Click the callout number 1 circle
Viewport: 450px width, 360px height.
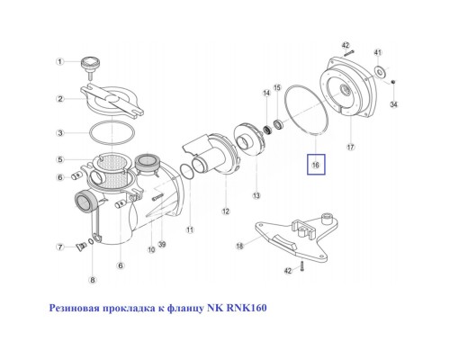pyautogui.click(x=60, y=62)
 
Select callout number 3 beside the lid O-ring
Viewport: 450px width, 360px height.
pyautogui.click(x=60, y=132)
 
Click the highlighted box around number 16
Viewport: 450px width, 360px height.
pyautogui.click(x=316, y=165)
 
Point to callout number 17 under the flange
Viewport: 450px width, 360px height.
pyautogui.click(x=351, y=147)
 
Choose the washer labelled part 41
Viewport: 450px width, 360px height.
pyautogui.click(x=380, y=72)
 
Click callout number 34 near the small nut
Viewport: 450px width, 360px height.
pyautogui.click(x=393, y=104)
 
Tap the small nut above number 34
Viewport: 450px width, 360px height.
pyautogui.click(x=393, y=81)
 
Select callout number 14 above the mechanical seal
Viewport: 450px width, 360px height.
pyautogui.click(x=266, y=93)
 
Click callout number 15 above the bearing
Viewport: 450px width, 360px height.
pyautogui.click(x=277, y=87)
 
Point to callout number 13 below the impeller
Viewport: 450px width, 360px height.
pyautogui.click(x=256, y=195)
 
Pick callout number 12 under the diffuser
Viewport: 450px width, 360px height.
pyautogui.click(x=226, y=211)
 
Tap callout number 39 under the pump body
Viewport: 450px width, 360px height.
pyautogui.click(x=162, y=244)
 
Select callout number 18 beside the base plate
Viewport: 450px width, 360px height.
pyautogui.click(x=239, y=246)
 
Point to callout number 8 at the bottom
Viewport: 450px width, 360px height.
pyautogui.click(x=93, y=280)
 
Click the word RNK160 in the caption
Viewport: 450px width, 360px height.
pyautogui.click(x=247, y=308)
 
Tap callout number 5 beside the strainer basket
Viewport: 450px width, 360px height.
pyautogui.click(x=60, y=159)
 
